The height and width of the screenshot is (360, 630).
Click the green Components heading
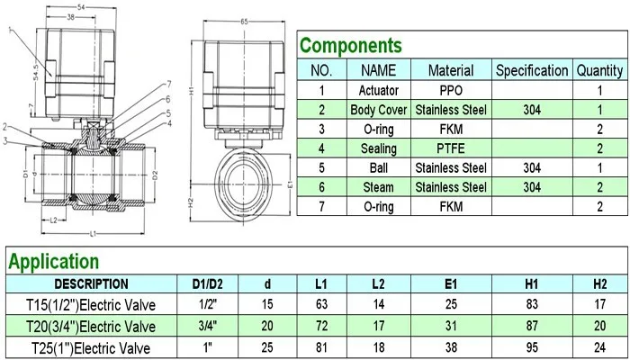point(350,45)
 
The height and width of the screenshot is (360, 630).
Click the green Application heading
point(53,262)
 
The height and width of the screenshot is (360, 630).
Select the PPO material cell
point(451,90)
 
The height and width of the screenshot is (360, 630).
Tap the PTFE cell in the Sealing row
point(451,148)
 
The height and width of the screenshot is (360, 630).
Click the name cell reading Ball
point(379,168)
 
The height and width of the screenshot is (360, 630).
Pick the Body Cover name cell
point(379,110)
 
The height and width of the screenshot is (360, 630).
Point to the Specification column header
point(532,71)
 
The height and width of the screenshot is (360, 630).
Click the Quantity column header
point(600,71)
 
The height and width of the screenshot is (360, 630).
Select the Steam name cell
point(379,187)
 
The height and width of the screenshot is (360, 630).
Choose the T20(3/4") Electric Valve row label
point(91,326)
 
